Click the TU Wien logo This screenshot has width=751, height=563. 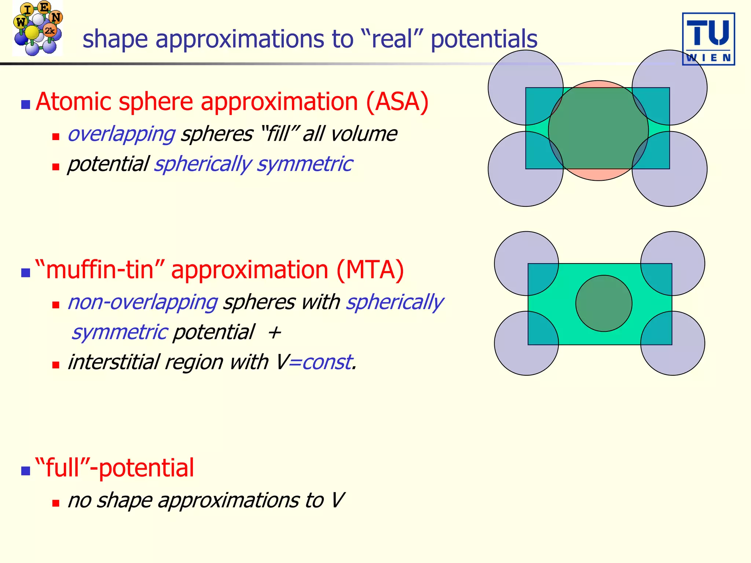708,39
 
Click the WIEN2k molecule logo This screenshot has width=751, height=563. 37,28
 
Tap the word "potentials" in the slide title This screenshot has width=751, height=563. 484,39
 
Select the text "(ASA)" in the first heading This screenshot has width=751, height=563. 397,102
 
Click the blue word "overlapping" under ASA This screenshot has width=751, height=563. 121,134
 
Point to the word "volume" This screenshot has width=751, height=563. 363,134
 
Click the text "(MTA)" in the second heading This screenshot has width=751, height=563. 370,270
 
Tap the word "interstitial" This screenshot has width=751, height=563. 114,362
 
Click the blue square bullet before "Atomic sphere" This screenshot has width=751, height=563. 26,105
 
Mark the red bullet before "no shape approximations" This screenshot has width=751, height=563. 56,503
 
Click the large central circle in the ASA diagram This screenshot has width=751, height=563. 598,130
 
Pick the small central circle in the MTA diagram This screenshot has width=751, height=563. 604,303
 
